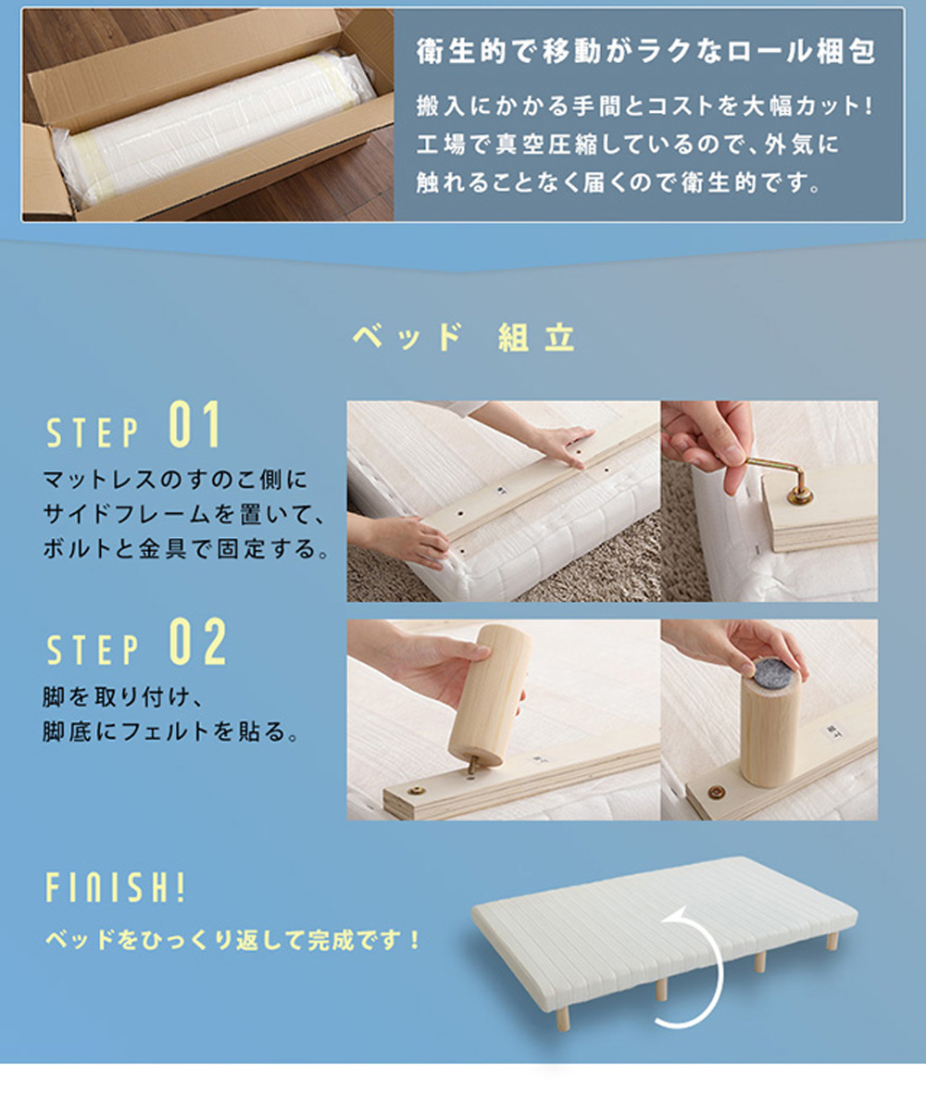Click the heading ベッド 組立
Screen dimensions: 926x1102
tap(464, 337)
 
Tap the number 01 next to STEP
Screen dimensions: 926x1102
tap(194, 424)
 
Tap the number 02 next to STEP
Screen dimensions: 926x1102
tap(197, 642)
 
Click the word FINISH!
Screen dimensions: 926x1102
tap(115, 887)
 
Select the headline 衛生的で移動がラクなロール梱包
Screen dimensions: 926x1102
tap(645, 51)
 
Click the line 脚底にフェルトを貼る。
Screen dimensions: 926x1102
tap(170, 732)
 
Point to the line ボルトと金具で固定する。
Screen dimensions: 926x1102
tap(186, 549)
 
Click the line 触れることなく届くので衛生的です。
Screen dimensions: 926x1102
tap(619, 182)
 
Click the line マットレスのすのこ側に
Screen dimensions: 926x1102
tap(176, 480)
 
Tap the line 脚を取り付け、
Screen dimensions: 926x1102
tap(123, 697)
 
